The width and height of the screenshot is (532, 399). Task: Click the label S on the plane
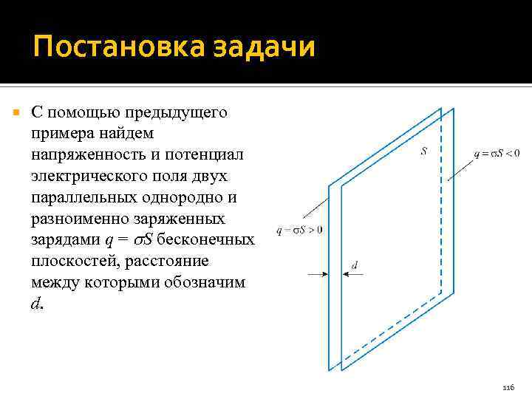coord(423,152)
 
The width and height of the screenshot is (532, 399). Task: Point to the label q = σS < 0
coord(497,154)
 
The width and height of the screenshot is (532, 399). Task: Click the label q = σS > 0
coord(299,230)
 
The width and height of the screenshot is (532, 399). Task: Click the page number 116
coord(507,387)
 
